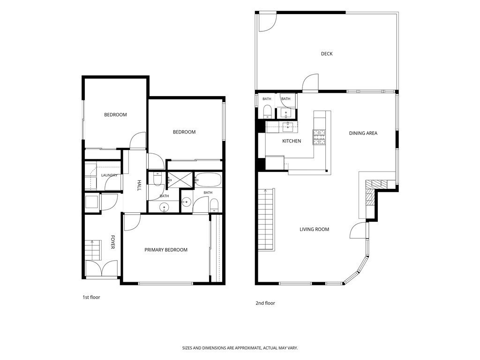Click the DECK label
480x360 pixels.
[327, 54]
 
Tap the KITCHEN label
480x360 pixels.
[292, 141]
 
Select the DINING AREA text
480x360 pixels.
[363, 133]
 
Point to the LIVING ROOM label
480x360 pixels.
[314, 229]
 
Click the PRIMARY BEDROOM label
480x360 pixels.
[166, 250]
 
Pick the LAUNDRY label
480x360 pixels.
[109, 175]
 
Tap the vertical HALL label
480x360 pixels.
[139, 185]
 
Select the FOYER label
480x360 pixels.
[112, 242]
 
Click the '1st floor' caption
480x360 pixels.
[91, 297]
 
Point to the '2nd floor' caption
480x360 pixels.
[265, 303]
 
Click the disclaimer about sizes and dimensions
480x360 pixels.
[240, 348]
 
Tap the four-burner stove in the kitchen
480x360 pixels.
[319, 137]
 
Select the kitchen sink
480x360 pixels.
[288, 127]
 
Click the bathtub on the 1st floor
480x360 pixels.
[208, 180]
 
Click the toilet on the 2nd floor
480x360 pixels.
[267, 112]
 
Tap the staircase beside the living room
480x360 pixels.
[265, 219]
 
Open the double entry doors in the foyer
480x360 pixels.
[101, 269]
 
